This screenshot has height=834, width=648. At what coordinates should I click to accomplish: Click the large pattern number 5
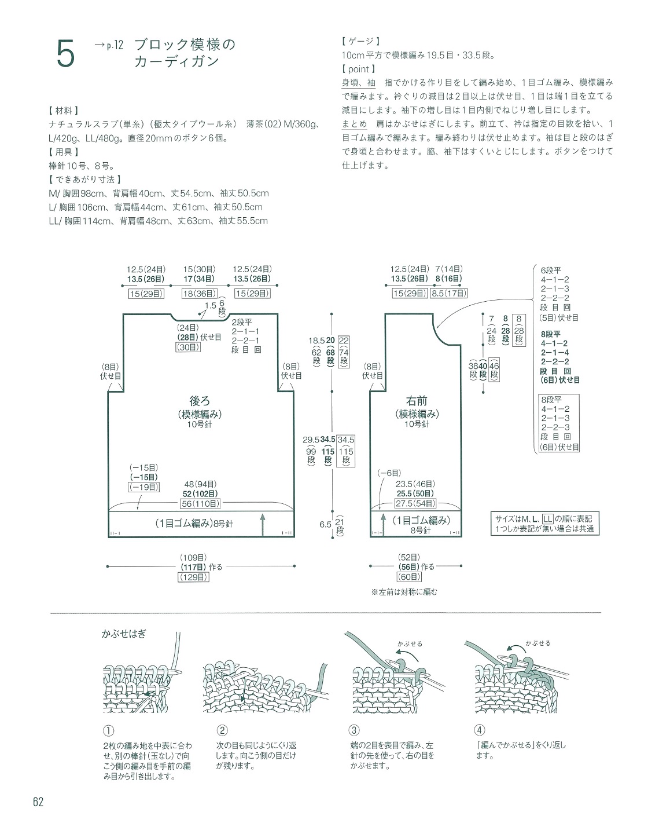[x=66, y=56]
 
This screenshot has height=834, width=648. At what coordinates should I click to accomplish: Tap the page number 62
[x=39, y=802]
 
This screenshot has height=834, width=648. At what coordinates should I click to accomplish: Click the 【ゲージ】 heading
[x=360, y=41]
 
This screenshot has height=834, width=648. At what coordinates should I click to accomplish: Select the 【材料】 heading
[x=65, y=110]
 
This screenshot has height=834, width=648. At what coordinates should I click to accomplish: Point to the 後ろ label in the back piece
[x=200, y=401]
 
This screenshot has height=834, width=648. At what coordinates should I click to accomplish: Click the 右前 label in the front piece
[x=417, y=401]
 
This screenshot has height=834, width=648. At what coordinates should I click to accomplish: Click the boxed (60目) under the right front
[x=409, y=577]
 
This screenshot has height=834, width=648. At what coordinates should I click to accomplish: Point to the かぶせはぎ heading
[x=124, y=634]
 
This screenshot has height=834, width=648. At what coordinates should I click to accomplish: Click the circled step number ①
[x=109, y=731]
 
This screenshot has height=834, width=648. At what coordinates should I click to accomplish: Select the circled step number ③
[x=355, y=731]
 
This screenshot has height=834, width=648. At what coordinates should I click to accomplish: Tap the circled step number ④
[x=480, y=731]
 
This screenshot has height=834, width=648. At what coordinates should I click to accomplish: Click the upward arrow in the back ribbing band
[x=263, y=524]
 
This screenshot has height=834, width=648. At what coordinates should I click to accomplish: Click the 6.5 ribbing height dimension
[x=325, y=525]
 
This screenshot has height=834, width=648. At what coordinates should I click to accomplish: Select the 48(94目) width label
[x=200, y=484]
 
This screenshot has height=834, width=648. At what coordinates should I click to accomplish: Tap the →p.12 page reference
[x=108, y=45]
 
